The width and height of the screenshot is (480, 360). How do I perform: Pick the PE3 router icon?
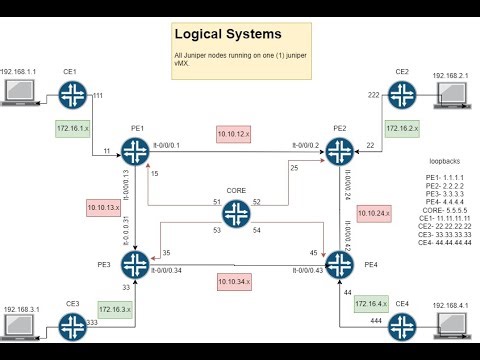pyautogui.click(x=134, y=264)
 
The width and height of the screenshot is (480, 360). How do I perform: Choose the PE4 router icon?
pyautogui.click(x=340, y=264)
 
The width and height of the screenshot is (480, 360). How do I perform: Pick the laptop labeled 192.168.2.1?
pyautogui.click(x=455, y=96)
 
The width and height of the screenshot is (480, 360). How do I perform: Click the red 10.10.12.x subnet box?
pyautogui.click(x=237, y=133)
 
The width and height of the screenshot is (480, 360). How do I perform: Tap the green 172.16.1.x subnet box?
pyautogui.click(x=73, y=128)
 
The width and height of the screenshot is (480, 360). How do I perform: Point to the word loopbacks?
pyautogui.click(x=444, y=160)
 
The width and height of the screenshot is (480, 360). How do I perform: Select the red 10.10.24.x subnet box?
pyautogui.click(x=373, y=212)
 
